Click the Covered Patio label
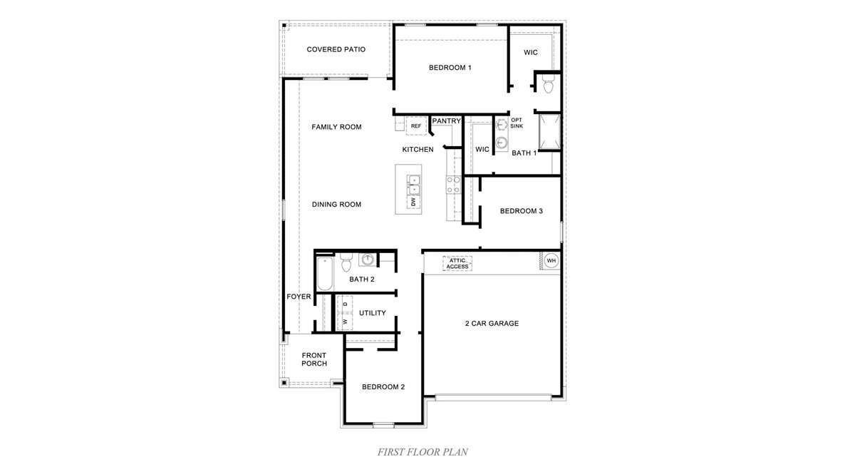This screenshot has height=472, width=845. click(x=336, y=49)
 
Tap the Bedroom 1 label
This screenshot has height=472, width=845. click(x=450, y=68)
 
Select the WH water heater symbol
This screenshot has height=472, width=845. click(x=551, y=261)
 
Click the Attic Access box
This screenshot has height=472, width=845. click(x=457, y=264)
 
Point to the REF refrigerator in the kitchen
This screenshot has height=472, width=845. click(x=416, y=126)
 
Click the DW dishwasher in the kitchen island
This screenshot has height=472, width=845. click(x=413, y=202)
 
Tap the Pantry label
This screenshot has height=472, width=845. click(x=447, y=121)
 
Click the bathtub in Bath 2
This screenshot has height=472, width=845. click(x=324, y=275)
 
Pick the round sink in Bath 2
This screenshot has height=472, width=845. click(x=368, y=260)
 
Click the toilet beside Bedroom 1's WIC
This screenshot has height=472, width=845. click(x=548, y=86)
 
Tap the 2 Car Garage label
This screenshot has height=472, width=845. click(x=492, y=323)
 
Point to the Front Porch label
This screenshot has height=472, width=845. click(x=314, y=359)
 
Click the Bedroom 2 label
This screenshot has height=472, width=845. click(x=383, y=387)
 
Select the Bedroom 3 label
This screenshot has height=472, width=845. click(x=522, y=211)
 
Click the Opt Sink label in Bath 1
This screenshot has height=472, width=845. click(x=517, y=123)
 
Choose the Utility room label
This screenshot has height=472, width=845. click(x=373, y=313)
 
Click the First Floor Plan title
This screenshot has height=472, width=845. click(x=422, y=451)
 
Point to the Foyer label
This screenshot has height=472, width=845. click(x=299, y=297)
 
